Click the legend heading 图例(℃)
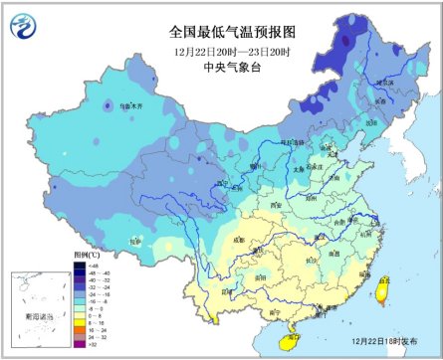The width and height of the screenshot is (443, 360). click(84, 255)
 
